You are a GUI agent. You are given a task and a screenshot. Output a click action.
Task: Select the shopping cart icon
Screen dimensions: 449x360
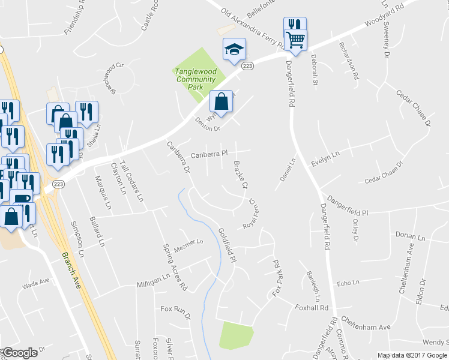tap(295, 40)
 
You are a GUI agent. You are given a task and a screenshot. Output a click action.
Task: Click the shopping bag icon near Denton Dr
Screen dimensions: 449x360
tap(221, 101)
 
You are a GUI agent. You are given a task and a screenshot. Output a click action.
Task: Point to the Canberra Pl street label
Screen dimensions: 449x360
tap(209, 155)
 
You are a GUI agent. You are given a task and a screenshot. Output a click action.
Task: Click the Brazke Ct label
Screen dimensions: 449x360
tap(240, 175)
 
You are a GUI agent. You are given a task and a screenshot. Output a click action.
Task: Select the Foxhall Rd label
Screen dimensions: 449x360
tap(312, 308)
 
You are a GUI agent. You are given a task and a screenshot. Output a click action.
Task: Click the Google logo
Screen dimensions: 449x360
tap(20, 352)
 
